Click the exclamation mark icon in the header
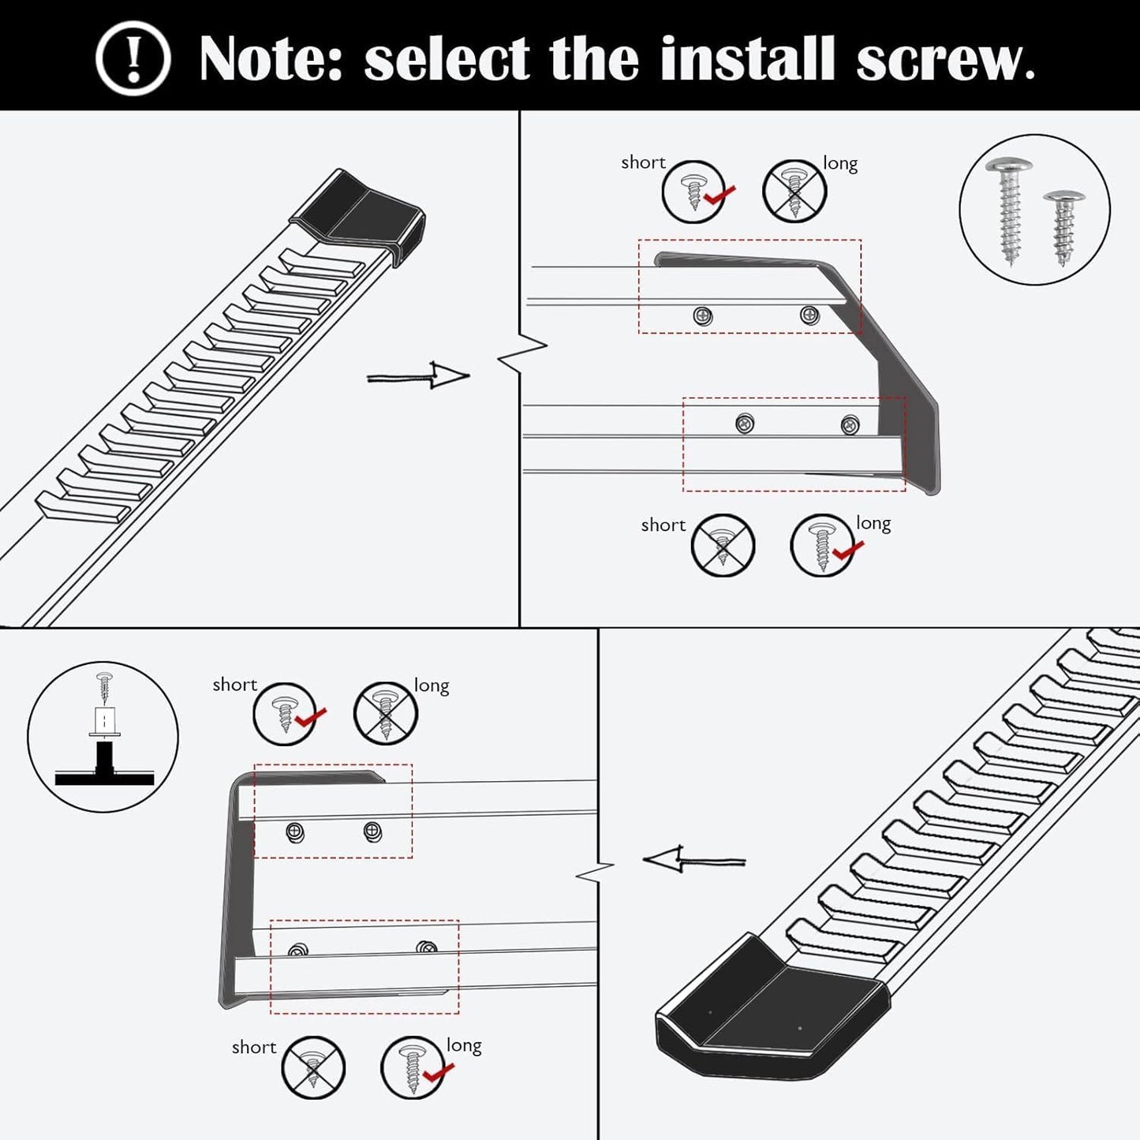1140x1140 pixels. click(133, 58)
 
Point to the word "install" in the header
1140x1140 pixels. click(747, 59)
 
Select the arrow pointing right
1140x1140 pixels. click(418, 376)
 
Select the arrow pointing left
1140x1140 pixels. click(693, 859)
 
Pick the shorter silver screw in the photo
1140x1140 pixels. click(1063, 226)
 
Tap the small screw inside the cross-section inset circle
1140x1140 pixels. click(104, 686)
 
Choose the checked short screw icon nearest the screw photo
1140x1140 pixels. click(694, 192)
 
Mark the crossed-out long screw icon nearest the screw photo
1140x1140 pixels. click(794, 192)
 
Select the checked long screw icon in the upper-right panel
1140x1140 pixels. click(823, 545)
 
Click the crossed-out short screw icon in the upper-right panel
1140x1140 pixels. click(723, 545)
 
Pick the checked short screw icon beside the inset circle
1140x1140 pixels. click(285, 714)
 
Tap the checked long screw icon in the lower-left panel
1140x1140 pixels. click(413, 1067)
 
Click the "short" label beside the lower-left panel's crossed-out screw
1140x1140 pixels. click(253, 1047)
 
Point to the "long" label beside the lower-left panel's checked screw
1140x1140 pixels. click(464, 1045)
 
